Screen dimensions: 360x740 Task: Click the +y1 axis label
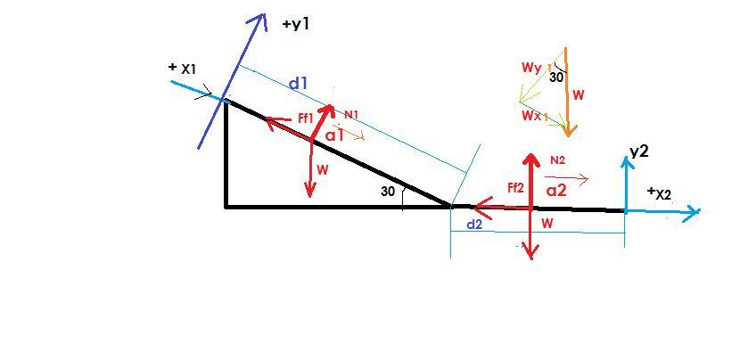click(295, 24)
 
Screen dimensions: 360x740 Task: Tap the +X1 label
click(183, 68)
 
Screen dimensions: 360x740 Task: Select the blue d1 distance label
click(298, 84)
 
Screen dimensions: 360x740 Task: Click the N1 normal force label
click(351, 114)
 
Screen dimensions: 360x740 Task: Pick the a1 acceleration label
click(334, 135)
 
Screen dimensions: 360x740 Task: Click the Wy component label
click(531, 68)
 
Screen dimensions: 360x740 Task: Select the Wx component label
click(532, 116)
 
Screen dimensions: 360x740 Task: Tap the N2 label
click(558, 160)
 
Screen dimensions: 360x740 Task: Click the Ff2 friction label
click(515, 187)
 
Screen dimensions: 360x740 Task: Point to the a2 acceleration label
click(556, 190)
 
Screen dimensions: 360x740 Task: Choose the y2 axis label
click(638, 151)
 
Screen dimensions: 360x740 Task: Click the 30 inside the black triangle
click(387, 192)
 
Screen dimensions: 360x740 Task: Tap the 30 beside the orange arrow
click(556, 78)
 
